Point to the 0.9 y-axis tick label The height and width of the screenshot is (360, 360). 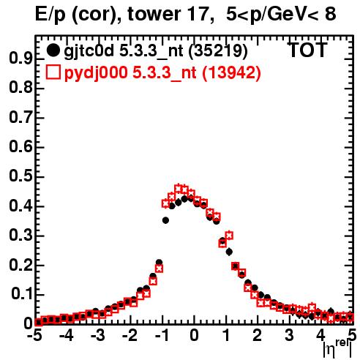[x=20, y=58]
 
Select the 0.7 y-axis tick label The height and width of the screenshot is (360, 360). [x=20, y=117]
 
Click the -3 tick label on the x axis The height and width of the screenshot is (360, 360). [x=97, y=335]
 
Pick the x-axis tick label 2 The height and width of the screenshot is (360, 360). [x=257, y=335]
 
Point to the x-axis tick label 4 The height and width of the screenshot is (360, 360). [x=320, y=335]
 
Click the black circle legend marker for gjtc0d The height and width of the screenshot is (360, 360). [x=53, y=50]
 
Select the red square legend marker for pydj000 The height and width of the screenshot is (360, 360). [x=53, y=72]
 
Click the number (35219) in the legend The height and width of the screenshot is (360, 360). [x=218, y=51]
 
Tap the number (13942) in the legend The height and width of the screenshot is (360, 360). [x=232, y=72]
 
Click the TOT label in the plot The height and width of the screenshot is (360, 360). [x=308, y=50]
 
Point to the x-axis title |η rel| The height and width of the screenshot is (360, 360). [x=337, y=349]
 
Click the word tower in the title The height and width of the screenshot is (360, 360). [x=154, y=14]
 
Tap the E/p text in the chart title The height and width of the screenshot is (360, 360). [x=50, y=15]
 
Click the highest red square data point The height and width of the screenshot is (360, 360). [x=179, y=189]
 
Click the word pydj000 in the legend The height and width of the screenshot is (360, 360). [x=96, y=72]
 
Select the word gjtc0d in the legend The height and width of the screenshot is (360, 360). [x=89, y=51]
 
